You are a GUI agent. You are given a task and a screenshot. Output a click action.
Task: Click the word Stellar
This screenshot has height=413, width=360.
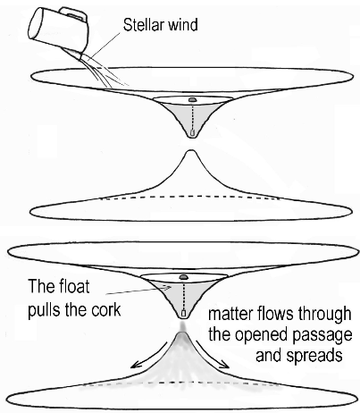(x=143, y=24)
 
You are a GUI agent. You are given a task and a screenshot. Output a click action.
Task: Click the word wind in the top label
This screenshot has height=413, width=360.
(x=182, y=24)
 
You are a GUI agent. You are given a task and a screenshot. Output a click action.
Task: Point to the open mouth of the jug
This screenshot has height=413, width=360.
(x=35, y=23)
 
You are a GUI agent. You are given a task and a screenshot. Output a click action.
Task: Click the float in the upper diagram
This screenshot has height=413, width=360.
(x=192, y=98)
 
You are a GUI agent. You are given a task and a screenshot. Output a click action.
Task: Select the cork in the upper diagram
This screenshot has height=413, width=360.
(x=192, y=132)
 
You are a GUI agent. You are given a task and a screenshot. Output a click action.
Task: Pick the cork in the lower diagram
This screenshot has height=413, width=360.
(x=184, y=313)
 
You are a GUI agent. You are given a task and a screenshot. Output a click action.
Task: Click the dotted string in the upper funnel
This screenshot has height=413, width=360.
(x=192, y=115)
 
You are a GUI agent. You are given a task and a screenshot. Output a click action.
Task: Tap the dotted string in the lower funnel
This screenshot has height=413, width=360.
(x=184, y=295)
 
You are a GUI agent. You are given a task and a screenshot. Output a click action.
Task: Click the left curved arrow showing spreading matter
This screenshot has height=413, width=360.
(x=148, y=357)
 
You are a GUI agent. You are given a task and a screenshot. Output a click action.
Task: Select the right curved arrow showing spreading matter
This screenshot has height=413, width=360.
(x=213, y=356)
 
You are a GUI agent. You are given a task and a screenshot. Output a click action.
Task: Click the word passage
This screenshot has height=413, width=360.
(x=322, y=336)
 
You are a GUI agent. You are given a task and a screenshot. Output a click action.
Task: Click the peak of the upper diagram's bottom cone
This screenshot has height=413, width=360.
(x=190, y=151)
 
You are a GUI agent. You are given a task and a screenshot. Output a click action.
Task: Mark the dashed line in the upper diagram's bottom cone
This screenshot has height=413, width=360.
(x=189, y=198)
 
